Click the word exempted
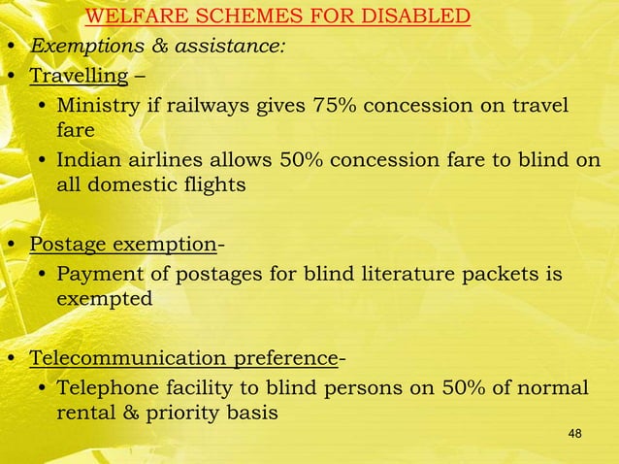point(104,300)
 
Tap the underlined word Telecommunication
point(128,359)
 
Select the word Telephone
point(104,388)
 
